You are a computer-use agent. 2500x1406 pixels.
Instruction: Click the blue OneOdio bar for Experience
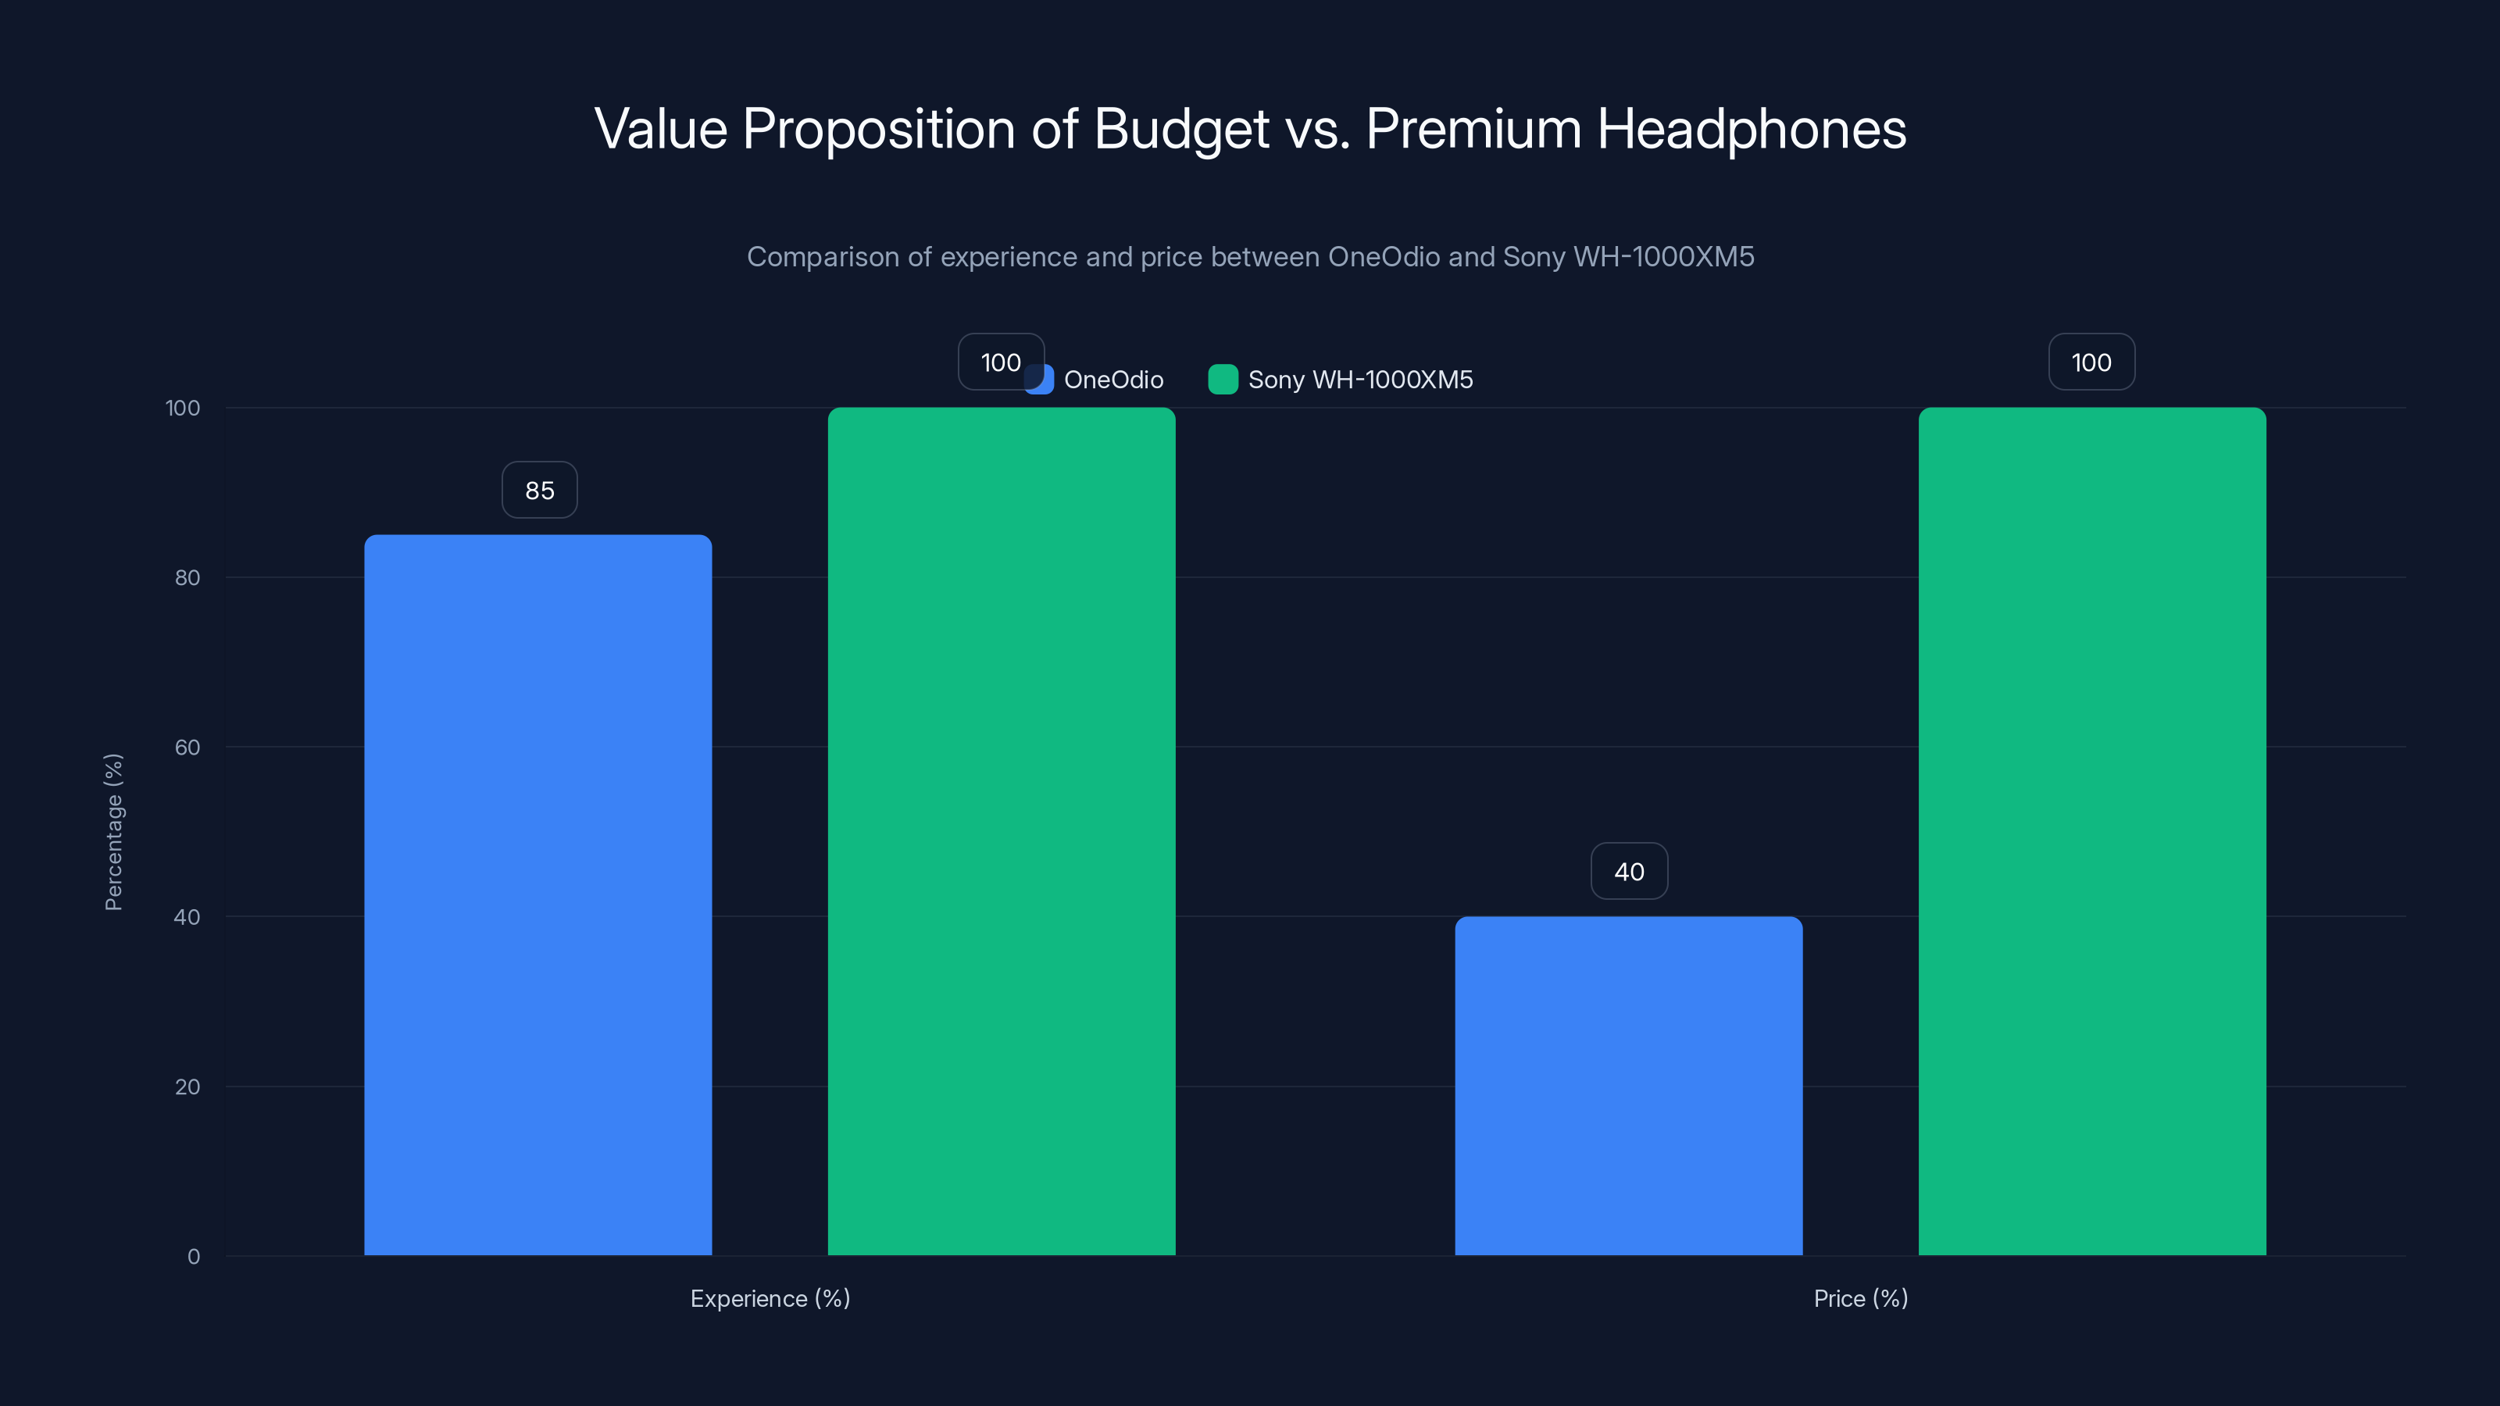(537, 894)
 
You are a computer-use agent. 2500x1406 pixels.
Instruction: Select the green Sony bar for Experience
(1001, 830)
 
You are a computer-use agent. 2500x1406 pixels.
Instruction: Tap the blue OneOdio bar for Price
(1628, 1086)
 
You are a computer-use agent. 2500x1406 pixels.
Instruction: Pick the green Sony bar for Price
(2091, 830)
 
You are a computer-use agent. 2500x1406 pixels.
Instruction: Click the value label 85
(540, 490)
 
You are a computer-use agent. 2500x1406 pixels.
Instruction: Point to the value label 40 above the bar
(1628, 872)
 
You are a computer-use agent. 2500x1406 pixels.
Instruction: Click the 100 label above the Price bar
(2091, 362)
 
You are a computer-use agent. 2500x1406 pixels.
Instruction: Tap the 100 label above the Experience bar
(1000, 362)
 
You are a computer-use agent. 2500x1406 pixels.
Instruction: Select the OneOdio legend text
(1113, 380)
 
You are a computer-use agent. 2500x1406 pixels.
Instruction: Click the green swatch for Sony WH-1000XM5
(1223, 380)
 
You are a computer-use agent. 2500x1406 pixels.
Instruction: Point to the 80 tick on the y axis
(187, 577)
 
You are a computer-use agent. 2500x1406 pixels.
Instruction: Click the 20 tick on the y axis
(187, 1087)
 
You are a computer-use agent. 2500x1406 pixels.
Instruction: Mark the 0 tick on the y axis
(193, 1257)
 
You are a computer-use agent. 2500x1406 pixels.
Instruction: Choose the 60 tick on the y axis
(187, 748)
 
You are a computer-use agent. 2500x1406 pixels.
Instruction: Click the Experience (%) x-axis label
(770, 1298)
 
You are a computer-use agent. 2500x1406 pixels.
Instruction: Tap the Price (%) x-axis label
(1860, 1298)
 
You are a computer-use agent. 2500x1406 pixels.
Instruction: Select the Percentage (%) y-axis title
(113, 832)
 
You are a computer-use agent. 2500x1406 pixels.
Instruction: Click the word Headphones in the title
(1751, 129)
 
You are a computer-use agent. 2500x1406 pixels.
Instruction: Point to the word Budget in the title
(1181, 129)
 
